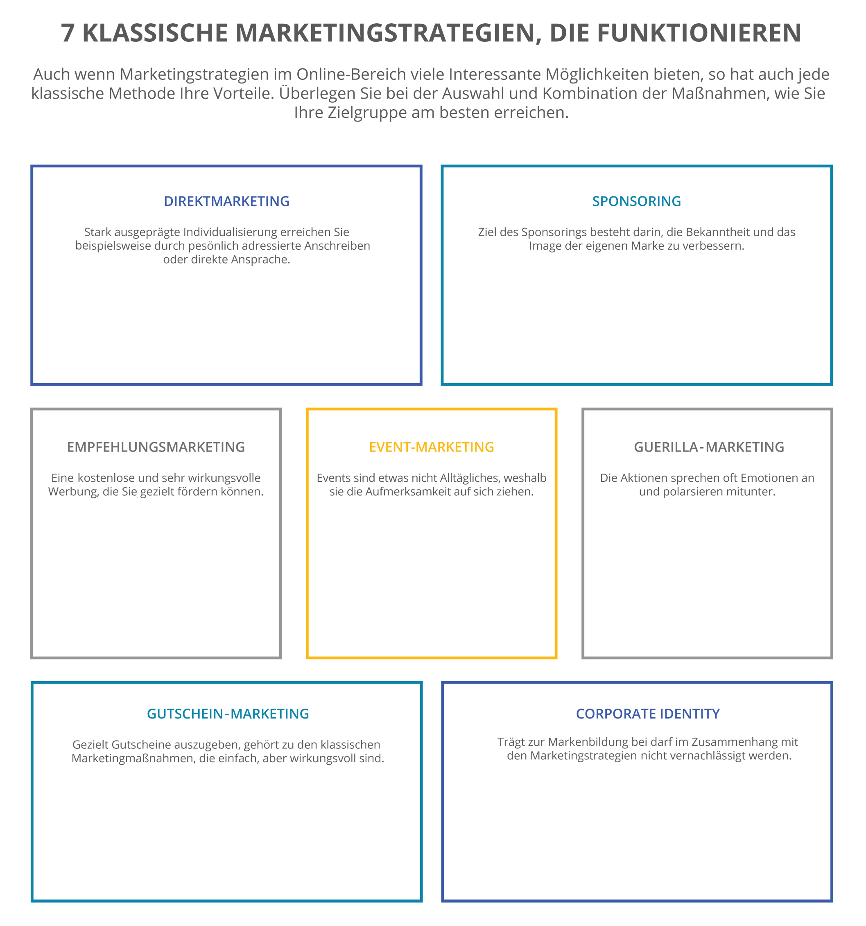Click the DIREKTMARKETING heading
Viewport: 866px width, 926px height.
click(226, 201)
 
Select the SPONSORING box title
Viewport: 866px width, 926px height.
click(636, 201)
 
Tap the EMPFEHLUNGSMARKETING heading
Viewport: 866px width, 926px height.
click(156, 447)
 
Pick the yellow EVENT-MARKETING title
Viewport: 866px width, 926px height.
click(432, 447)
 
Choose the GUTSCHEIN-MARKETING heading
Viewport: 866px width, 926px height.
click(228, 714)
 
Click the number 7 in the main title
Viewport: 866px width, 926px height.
click(68, 33)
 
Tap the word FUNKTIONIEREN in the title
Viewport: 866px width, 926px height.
click(699, 33)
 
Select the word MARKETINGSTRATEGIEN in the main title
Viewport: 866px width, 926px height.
click(385, 33)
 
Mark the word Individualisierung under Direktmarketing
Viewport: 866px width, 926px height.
click(230, 232)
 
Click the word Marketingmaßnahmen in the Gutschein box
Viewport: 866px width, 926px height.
click(134, 758)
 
